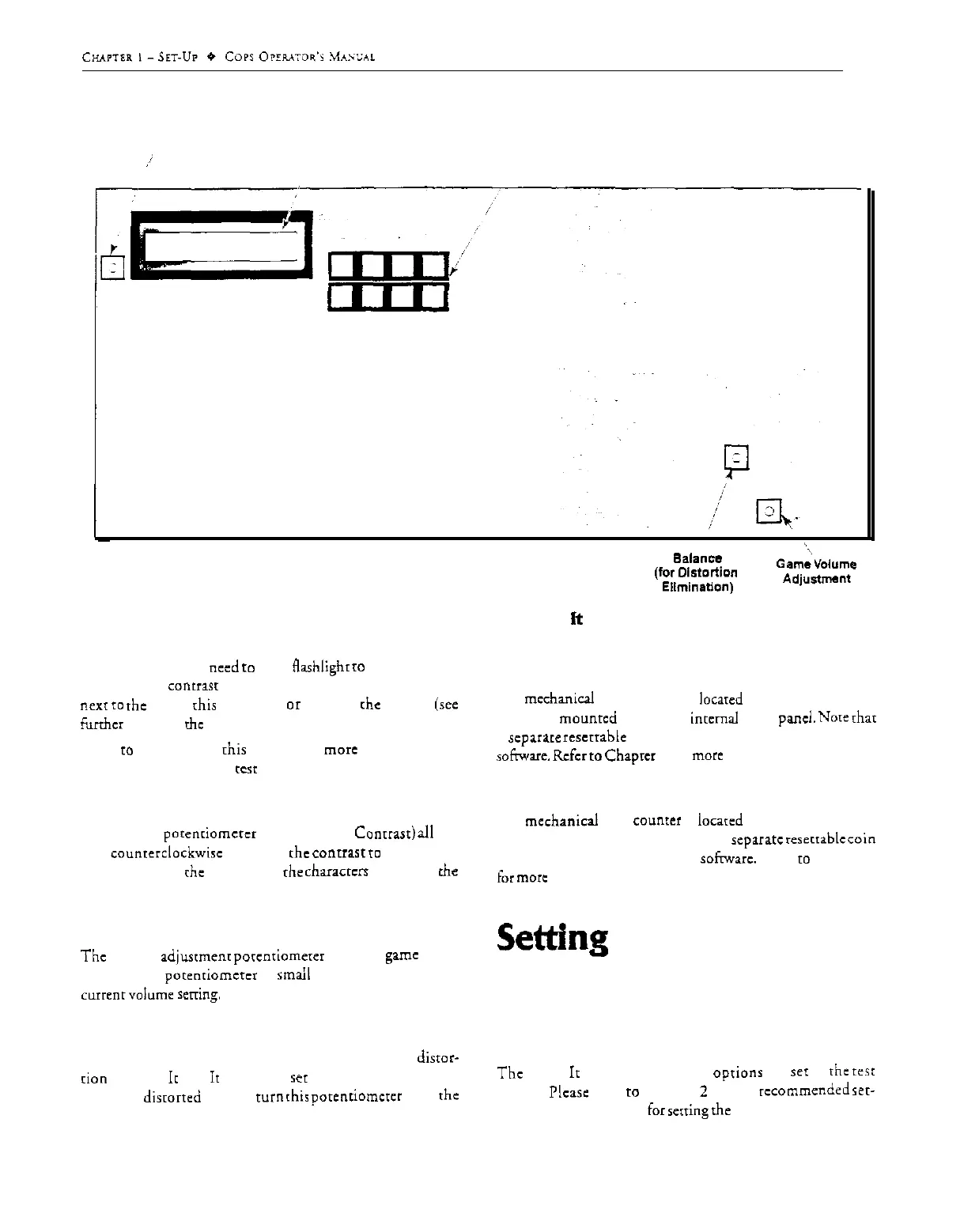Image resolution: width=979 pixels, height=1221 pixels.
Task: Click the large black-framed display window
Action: [221, 245]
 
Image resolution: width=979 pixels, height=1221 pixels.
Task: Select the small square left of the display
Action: [113, 268]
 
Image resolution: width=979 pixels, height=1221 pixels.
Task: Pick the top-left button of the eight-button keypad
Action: [342, 265]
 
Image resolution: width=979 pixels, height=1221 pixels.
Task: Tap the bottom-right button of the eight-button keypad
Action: [433, 298]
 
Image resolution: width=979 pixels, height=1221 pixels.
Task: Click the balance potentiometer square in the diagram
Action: [736, 457]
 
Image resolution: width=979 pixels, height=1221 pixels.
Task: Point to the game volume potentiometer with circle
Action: [768, 512]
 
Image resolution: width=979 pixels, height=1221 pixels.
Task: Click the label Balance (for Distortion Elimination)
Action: [696, 573]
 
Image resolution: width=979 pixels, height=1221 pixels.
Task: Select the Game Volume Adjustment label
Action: [816, 571]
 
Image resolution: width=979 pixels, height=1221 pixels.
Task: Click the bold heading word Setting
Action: [552, 939]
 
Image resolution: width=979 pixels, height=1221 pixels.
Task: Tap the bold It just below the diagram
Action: [576, 619]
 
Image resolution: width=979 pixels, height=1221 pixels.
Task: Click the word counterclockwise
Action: [166, 853]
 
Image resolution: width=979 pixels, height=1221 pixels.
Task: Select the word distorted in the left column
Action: [172, 1097]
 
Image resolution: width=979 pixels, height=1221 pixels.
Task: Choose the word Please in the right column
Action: [569, 1092]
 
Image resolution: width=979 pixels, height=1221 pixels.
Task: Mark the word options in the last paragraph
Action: [737, 1072]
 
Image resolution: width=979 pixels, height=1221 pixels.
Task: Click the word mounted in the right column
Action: [587, 718]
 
